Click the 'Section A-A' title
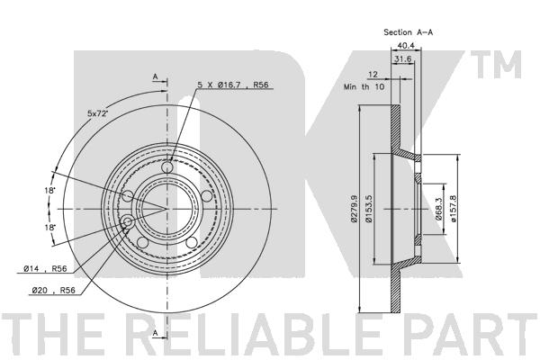[409, 31]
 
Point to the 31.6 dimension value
[405, 59]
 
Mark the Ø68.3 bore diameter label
[439, 211]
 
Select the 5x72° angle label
[99, 112]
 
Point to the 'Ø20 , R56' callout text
[49, 291]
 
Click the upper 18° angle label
[52, 191]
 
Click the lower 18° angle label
[52, 228]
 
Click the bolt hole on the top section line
[166, 166]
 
